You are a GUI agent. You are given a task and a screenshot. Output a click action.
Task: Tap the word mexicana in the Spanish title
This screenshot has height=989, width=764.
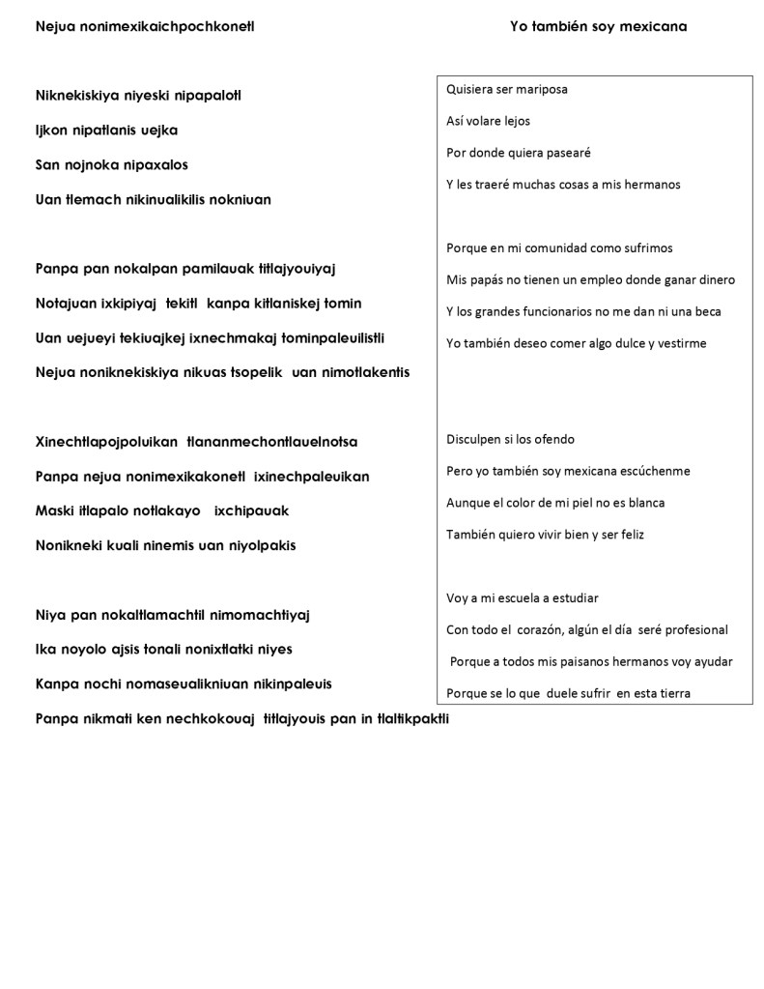[651, 26]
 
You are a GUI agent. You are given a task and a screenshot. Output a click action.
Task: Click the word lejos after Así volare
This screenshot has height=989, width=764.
[513, 121]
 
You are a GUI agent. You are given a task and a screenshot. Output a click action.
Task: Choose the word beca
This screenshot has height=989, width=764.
[706, 311]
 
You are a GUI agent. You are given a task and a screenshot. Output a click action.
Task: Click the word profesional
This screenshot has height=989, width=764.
[693, 629]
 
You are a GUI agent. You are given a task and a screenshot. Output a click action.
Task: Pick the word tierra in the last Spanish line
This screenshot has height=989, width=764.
[673, 692]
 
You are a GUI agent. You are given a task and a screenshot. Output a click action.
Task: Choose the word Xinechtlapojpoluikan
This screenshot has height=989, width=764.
[106, 442]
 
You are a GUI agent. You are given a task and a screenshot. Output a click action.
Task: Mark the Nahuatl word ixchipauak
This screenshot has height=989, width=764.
[251, 510]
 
